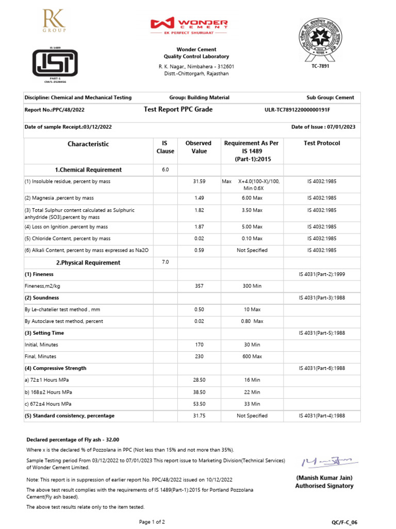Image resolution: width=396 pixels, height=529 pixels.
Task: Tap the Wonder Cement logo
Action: pos(189,25)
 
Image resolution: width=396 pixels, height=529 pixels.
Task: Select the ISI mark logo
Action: pos(55,64)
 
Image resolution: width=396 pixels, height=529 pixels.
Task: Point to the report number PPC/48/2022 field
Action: pos(55,110)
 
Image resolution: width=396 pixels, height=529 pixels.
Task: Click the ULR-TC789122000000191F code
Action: pos(297,110)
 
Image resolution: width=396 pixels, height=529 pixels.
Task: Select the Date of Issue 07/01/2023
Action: pos(323,127)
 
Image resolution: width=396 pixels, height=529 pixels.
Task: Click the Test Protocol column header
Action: pos(322,143)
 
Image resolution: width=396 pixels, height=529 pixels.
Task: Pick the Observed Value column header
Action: pos(199,147)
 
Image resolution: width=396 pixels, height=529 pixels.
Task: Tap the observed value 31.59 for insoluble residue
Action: pos(199,182)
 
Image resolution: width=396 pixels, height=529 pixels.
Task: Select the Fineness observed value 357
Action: pos(199,286)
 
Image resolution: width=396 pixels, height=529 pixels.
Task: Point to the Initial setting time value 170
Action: pos(199,345)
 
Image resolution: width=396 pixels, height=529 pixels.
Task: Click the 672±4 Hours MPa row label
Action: pos(48,404)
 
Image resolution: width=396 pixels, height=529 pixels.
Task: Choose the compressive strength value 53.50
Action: pos(199,404)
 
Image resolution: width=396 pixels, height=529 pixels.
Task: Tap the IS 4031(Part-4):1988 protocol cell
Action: pos(322,416)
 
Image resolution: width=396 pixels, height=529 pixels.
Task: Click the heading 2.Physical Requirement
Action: pos(88,263)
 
